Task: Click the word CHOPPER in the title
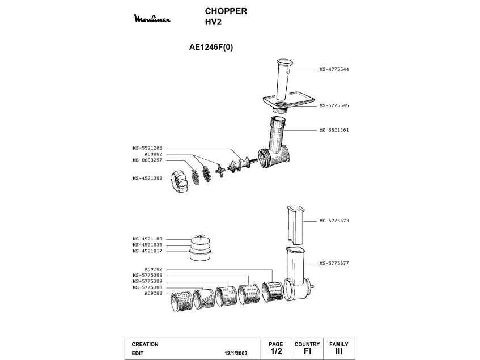tap(226, 11)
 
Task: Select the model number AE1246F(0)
tap(211, 48)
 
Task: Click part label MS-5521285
tap(147, 148)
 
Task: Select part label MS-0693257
tap(147, 160)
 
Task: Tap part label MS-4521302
tap(147, 178)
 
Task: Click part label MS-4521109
tap(147, 239)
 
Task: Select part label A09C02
tap(153, 269)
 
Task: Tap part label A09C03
tap(153, 293)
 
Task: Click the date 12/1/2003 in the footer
tap(236, 353)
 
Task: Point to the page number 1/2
tap(276, 352)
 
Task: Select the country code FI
tap(307, 352)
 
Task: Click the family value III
tap(339, 352)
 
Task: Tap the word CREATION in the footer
tap(145, 344)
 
